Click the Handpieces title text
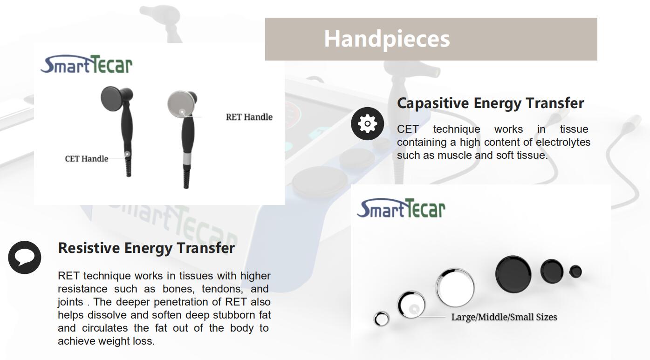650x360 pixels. pyautogui.click(x=387, y=39)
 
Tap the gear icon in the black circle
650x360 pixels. pyautogui.click(x=367, y=123)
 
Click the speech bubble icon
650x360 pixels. pyautogui.click(x=25, y=257)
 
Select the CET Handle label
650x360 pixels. pyautogui.click(x=87, y=159)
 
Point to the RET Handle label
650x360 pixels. pyautogui.click(x=249, y=117)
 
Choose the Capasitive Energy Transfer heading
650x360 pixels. pyautogui.click(x=490, y=103)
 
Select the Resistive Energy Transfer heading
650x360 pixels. pyautogui.click(x=146, y=248)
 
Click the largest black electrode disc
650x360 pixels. pyautogui.click(x=513, y=274)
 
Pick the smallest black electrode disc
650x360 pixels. pyautogui.click(x=575, y=272)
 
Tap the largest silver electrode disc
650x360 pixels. pyautogui.click(x=455, y=287)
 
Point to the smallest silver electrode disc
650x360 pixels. pyautogui.click(x=381, y=319)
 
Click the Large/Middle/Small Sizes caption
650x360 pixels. pyautogui.click(x=504, y=317)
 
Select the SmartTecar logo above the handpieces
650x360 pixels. pyautogui.click(x=87, y=64)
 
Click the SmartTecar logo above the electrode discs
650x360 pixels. pyautogui.click(x=401, y=208)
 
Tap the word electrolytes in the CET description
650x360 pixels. pyautogui.click(x=563, y=142)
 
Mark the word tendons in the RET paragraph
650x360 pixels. pyautogui.click(x=222, y=289)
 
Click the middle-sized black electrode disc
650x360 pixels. pyautogui.click(x=552, y=271)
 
